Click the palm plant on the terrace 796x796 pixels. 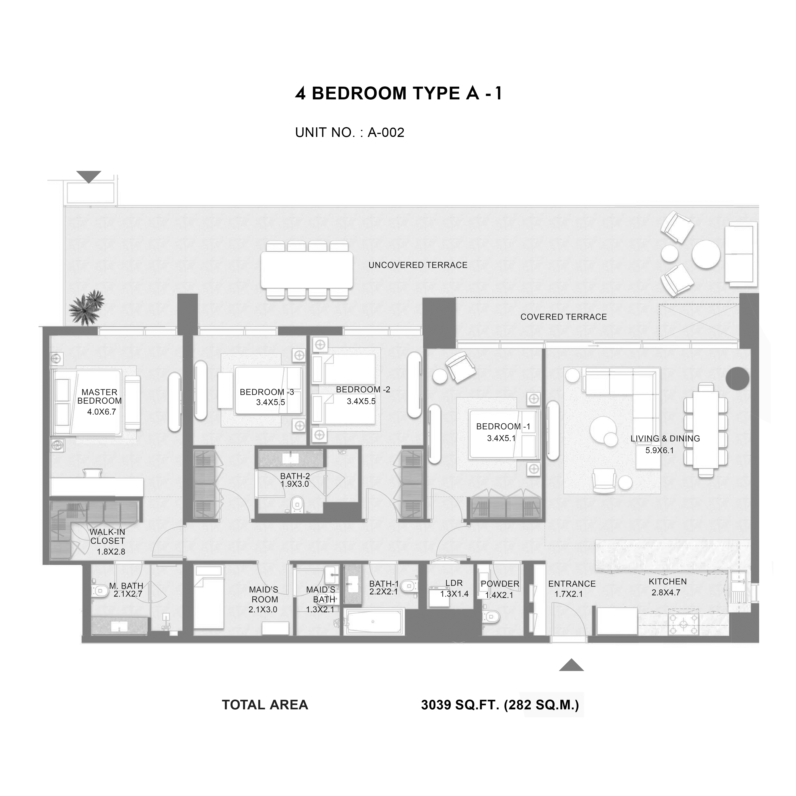pyautogui.click(x=86, y=308)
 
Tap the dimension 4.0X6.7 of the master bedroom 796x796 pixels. pyautogui.click(x=101, y=412)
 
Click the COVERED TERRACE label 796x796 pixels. pyautogui.click(x=563, y=317)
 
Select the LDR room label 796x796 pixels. pyautogui.click(x=454, y=583)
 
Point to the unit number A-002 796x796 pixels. pyautogui.click(x=386, y=133)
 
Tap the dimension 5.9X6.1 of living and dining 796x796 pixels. pyautogui.click(x=660, y=450)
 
